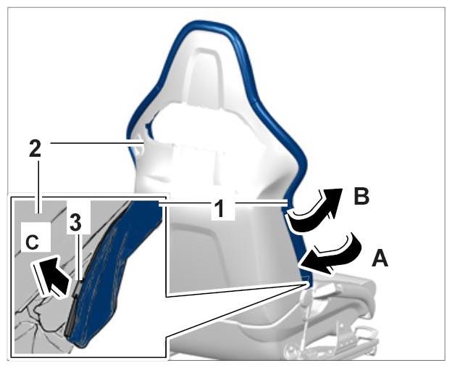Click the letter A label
[380, 258]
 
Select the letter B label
[361, 197]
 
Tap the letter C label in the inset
[32, 242]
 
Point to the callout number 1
[220, 208]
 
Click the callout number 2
[35, 149]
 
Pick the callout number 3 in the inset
[75, 224]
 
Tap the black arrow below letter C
[51, 277]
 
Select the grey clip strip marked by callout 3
[72, 307]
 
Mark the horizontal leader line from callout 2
[96, 142]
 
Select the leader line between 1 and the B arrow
[261, 203]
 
